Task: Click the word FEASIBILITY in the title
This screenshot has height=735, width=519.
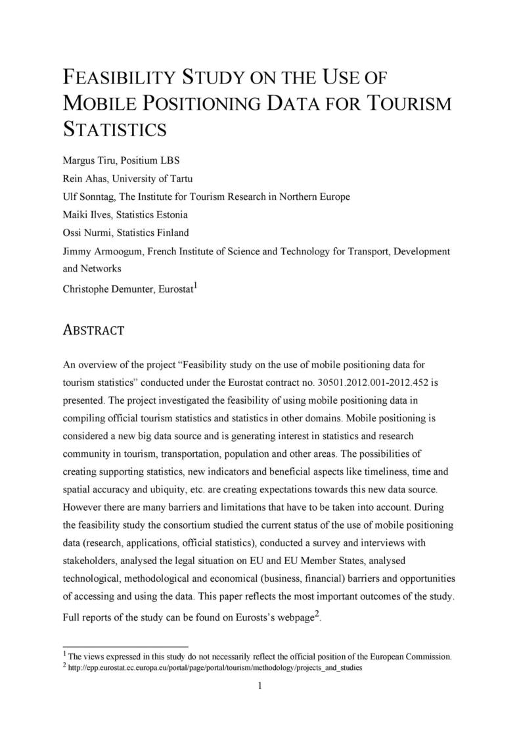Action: pos(118,78)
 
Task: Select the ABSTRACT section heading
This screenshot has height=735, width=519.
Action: pos(93,329)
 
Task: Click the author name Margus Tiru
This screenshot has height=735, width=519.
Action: pos(87,160)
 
